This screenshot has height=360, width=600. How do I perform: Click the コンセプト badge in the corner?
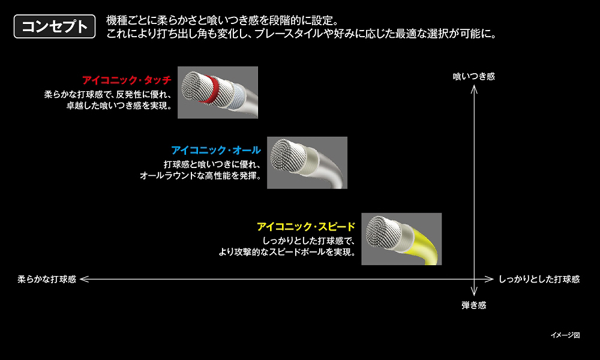(55, 26)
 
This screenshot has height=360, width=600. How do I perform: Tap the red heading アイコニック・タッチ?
(127, 80)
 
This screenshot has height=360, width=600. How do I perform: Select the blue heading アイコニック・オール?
(216, 150)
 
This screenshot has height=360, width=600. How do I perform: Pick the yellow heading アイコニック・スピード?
(306, 226)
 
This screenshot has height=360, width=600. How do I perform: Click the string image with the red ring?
(218, 92)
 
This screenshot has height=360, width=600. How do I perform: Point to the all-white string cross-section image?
(307, 163)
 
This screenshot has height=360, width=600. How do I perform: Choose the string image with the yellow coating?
(401, 239)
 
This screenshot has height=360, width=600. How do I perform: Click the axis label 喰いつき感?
(474, 77)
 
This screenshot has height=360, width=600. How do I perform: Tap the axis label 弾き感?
(474, 305)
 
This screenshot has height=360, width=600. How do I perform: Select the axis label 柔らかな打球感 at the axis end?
(47, 279)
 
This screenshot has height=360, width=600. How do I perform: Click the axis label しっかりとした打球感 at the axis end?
(539, 279)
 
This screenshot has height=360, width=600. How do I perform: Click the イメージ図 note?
(565, 335)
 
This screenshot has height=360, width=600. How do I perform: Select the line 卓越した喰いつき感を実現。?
(119, 106)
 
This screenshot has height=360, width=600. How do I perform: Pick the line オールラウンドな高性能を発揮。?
(200, 176)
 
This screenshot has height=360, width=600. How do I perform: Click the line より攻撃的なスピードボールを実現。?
(287, 252)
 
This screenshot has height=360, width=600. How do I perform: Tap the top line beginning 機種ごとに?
(223, 20)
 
